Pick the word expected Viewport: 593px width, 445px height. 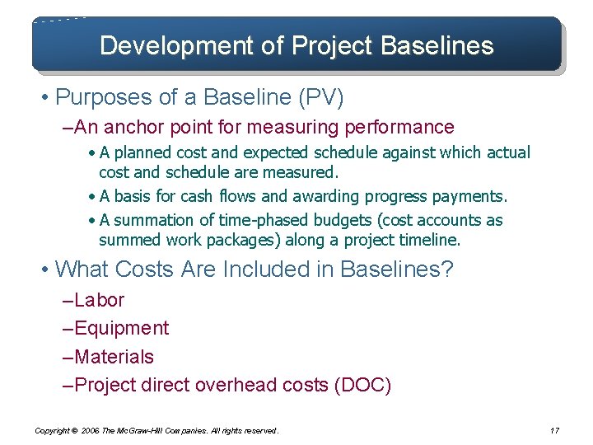(x=291, y=152)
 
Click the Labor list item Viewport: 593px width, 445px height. (x=98, y=300)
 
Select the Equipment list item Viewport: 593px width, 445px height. (x=121, y=328)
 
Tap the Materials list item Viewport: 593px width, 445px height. (x=114, y=357)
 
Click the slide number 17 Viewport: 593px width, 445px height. (x=553, y=430)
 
